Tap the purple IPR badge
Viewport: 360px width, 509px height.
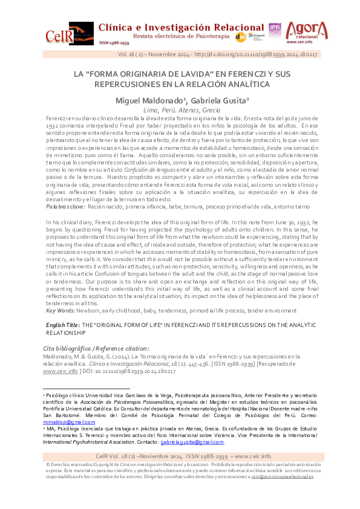[x=275, y=28]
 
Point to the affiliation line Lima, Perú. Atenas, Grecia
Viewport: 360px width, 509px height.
[x=180, y=110]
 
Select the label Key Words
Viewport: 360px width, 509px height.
[x=61, y=310]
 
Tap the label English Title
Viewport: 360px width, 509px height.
[x=63, y=325]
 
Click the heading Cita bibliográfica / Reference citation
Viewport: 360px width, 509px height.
[x=96, y=348]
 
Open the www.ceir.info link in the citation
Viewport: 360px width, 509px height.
[x=60, y=371]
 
